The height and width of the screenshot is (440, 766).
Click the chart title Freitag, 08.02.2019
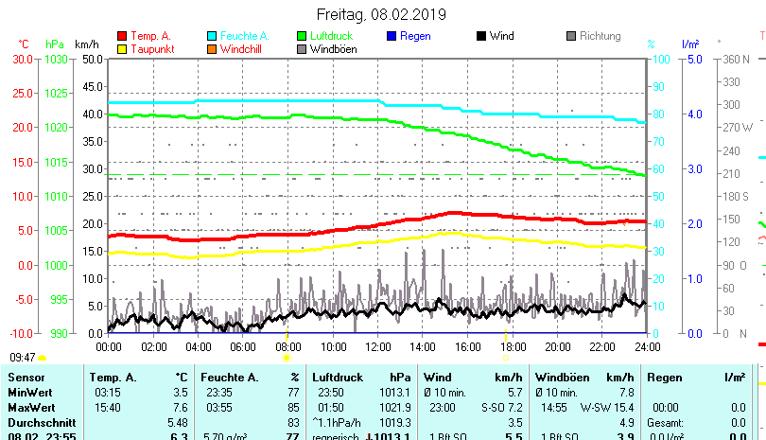coord(382,14)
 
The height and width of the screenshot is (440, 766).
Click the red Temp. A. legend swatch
coord(123,36)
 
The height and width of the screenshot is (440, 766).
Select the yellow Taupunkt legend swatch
coord(123,49)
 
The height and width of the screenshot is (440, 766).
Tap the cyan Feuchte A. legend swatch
coord(213,36)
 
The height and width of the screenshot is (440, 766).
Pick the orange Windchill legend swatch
coord(213,49)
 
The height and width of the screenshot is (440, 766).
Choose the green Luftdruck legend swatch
coord(303,36)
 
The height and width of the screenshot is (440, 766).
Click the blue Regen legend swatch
coord(392,36)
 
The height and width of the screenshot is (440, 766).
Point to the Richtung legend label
coord(600,36)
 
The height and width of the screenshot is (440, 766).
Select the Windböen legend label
coord(333,49)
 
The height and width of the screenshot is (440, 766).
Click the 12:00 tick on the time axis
coord(377,346)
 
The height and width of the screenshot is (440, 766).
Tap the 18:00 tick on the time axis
coord(512,346)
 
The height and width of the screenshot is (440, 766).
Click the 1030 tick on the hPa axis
coord(56,59)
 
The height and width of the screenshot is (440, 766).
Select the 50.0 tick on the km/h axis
coord(92,59)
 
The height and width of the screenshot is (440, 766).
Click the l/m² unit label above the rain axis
coord(689,44)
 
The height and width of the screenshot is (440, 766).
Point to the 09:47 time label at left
coord(23,358)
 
